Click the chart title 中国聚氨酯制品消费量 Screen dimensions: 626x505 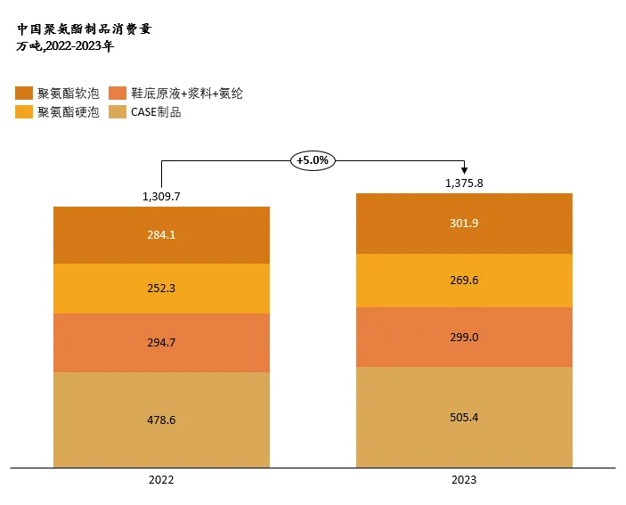85,29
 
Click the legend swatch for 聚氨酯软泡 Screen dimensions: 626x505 25,93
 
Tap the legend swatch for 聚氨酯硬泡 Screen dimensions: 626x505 25,112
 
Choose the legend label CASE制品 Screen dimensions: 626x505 156,112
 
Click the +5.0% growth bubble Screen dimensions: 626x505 313,160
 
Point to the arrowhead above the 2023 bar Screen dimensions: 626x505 464,171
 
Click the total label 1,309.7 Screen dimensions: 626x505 161,196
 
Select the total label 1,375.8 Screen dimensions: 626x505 464,183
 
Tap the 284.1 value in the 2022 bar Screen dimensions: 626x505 161,235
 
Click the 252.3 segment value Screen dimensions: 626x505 161,289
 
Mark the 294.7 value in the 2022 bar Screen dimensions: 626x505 161,342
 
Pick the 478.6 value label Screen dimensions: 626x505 161,419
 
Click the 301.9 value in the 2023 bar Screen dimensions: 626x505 464,224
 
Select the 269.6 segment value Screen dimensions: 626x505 464,280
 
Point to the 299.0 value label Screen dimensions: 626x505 464,338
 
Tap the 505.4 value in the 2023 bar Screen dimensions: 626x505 464,417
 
